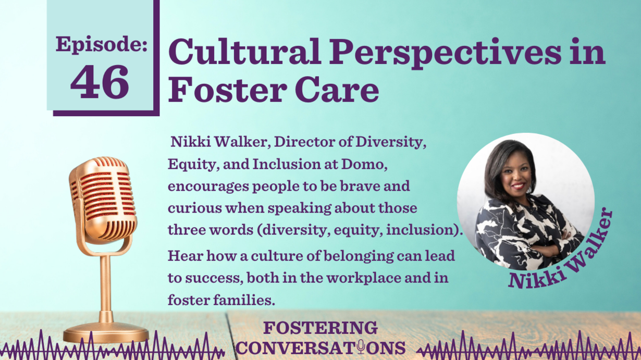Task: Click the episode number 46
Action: pyautogui.click(x=100, y=82)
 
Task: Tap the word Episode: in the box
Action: pyautogui.click(x=102, y=45)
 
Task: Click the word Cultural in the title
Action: pyautogui.click(x=245, y=52)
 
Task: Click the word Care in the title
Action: pyautogui.click(x=337, y=89)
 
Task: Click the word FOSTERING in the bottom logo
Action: pyautogui.click(x=320, y=328)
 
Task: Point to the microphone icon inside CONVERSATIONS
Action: pyautogui.click(x=361, y=347)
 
